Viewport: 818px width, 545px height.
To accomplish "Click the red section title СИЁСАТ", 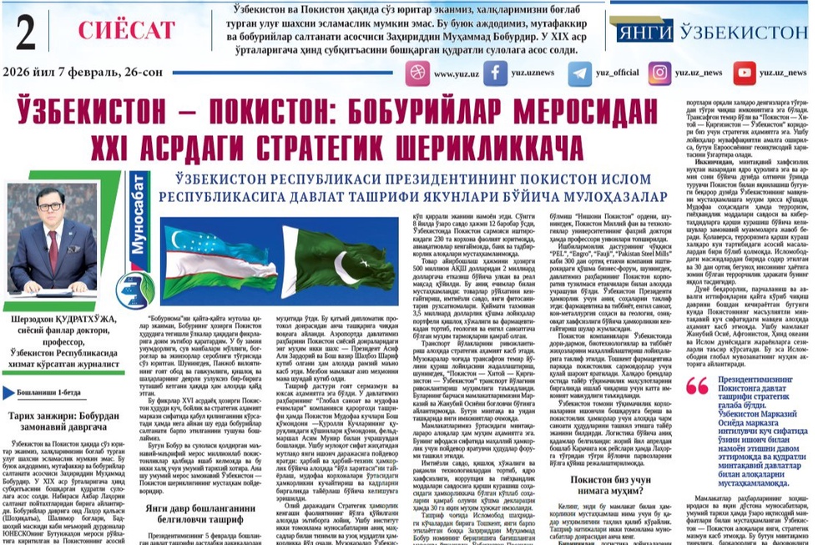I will click(x=117, y=30).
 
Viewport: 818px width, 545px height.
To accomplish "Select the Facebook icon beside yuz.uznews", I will click(x=496, y=73).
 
